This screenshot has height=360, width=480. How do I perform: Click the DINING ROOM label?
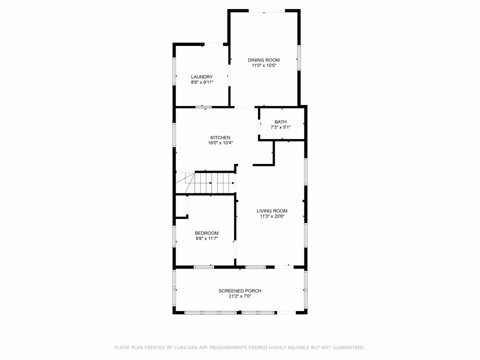click(263, 60)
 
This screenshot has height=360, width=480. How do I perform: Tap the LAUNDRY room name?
click(201, 77)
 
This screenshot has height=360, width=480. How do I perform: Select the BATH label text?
click(280, 122)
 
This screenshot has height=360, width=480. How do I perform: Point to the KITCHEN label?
click(220, 138)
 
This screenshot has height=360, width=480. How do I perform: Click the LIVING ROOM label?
click(272, 211)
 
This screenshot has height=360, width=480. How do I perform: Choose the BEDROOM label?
click(206, 233)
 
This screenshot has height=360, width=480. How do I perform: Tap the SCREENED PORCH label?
click(240, 291)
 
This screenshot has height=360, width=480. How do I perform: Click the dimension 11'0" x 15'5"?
click(263, 65)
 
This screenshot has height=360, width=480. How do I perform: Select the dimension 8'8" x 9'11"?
click(201, 82)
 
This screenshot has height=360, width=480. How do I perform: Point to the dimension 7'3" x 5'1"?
click(280, 127)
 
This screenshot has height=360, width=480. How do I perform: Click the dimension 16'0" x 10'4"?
click(220, 143)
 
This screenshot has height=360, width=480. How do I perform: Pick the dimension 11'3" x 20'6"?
click(272, 216)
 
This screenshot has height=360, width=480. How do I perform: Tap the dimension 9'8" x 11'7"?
click(206, 238)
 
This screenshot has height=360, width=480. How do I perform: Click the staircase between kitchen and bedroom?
click(205, 183)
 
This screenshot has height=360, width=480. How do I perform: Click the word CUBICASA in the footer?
click(186, 348)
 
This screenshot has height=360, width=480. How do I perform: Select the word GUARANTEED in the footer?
click(348, 348)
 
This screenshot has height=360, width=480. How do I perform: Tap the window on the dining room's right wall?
click(299, 57)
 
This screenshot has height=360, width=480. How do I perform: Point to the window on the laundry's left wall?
click(174, 71)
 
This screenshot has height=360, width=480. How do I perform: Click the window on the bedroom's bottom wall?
click(204, 267)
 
